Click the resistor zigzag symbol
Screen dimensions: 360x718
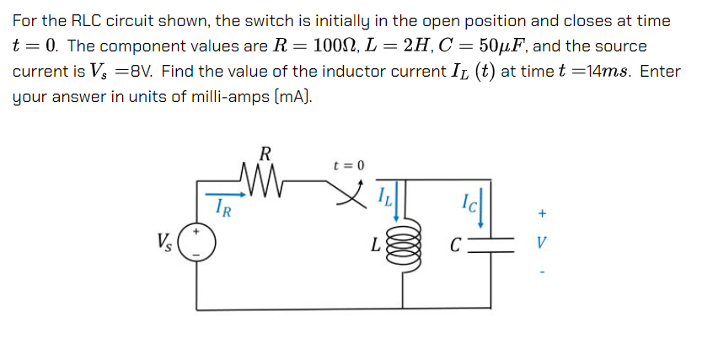pyautogui.click(x=265, y=178)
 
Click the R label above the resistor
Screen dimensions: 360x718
pyautogui.click(x=265, y=153)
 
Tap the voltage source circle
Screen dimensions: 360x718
pyautogui.click(x=197, y=242)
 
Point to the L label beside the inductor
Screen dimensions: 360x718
pyautogui.click(x=376, y=247)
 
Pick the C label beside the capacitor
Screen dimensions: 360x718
pyautogui.click(x=455, y=247)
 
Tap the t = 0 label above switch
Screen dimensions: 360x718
pyautogui.click(x=349, y=164)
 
